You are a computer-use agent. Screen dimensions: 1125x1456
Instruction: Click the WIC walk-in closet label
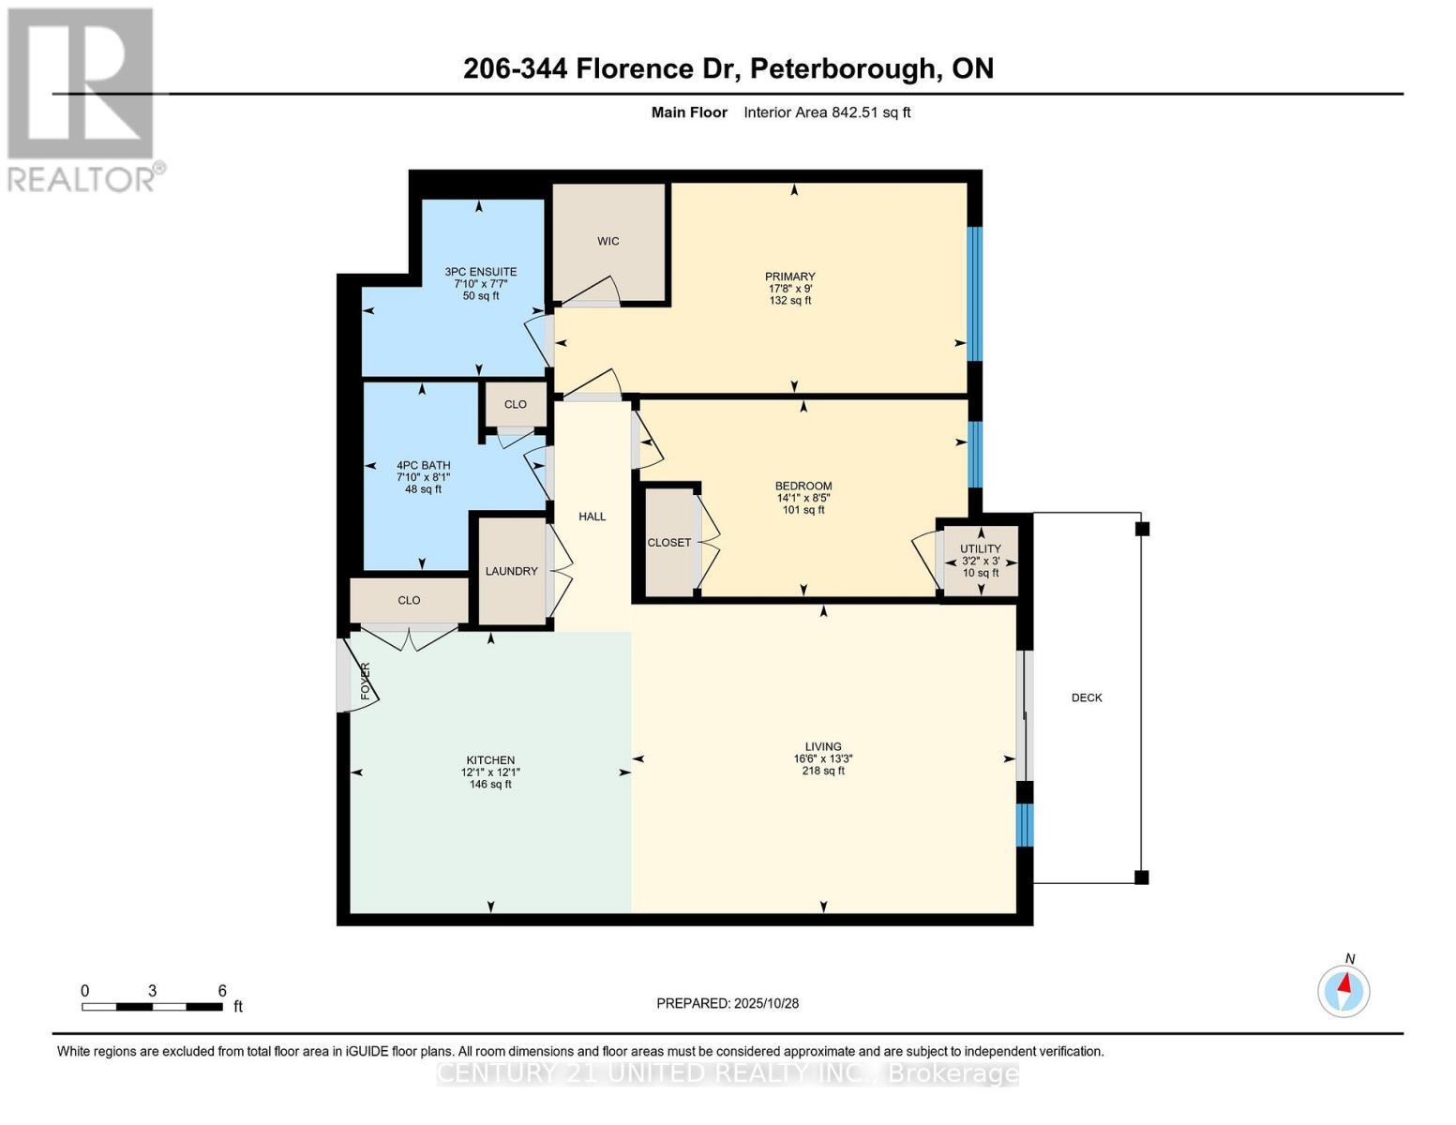pos(608,241)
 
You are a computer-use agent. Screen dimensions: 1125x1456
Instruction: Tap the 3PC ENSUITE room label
pos(480,272)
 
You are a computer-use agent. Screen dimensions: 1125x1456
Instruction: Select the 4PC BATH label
pos(423,465)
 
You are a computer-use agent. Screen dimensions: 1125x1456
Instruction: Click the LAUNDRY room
pos(511,571)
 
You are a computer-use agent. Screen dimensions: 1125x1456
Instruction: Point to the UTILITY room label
pos(980,548)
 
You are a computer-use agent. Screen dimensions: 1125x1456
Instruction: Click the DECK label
pos(1087,697)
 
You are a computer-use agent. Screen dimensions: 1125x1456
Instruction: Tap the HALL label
pos(592,517)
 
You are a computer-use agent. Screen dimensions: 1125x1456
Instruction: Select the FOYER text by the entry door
pos(366,681)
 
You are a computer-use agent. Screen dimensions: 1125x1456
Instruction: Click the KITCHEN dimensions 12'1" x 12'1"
pos(490,772)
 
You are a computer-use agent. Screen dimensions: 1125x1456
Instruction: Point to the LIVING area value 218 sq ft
pos(822,771)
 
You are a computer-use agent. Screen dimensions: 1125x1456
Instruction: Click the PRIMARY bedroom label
pos(789,277)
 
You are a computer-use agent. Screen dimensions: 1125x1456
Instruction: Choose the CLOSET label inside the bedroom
pos(668,543)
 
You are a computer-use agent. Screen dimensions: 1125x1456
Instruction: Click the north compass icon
pos(1343,990)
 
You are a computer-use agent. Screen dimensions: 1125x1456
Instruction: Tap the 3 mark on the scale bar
pos(152,991)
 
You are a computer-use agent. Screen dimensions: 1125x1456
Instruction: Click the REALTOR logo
pos(83,98)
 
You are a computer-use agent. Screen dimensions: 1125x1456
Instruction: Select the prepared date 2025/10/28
pos(766,1003)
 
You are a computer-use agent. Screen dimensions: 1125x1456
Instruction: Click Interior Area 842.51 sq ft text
pos(827,112)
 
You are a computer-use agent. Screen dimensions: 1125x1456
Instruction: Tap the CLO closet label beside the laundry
pos(409,600)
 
